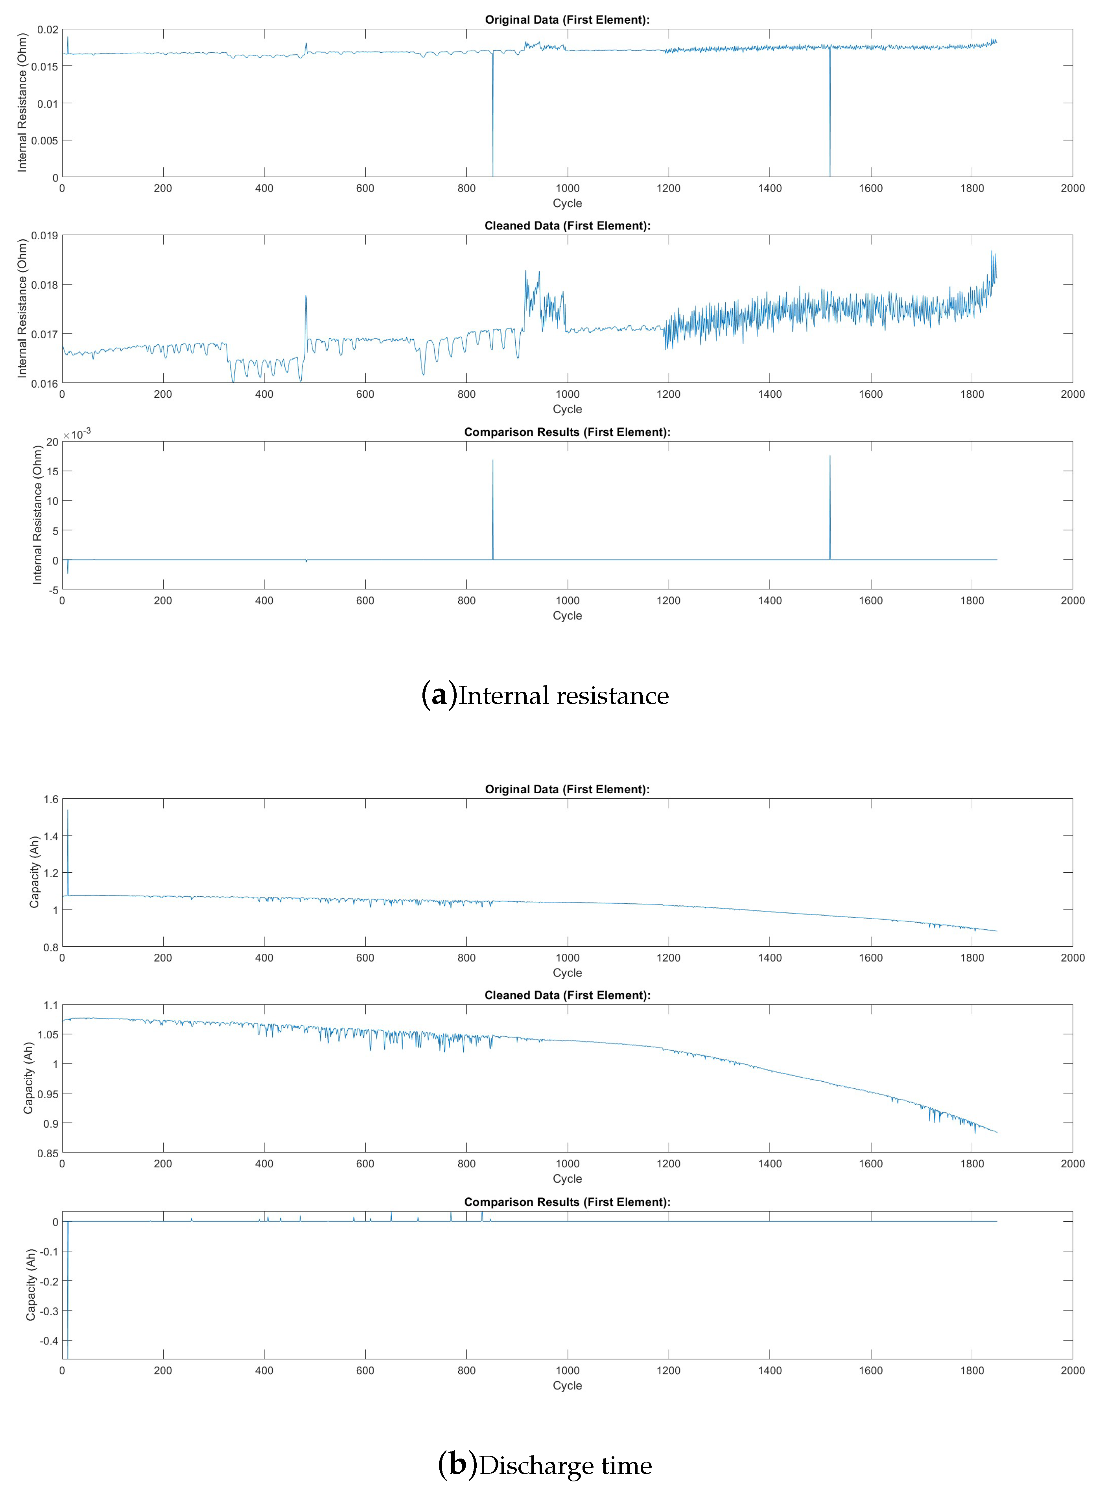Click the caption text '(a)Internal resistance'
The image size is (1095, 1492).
coord(545,695)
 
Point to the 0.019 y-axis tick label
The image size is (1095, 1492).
coord(44,235)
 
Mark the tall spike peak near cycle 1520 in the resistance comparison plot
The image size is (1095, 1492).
coord(830,456)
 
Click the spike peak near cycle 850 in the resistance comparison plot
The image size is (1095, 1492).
coord(492,460)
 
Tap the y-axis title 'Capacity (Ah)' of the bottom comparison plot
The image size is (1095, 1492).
coord(31,1284)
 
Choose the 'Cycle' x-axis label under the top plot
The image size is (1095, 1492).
coord(568,203)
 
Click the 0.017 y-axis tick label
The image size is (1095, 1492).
coord(44,334)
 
